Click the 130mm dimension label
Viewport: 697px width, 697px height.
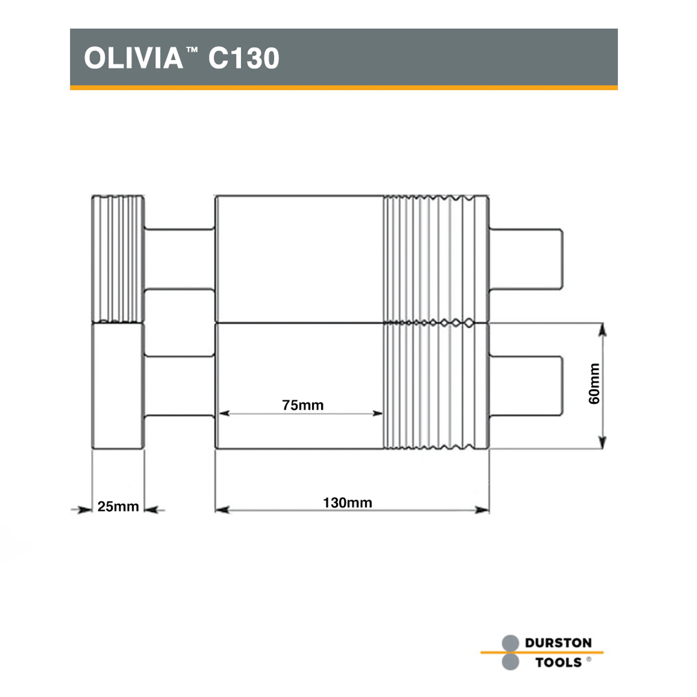(x=347, y=503)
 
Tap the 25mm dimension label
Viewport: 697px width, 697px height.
(x=118, y=506)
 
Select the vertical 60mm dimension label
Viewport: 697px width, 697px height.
(x=593, y=383)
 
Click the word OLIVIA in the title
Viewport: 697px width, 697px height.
(x=133, y=58)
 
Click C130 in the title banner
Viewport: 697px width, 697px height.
(x=244, y=58)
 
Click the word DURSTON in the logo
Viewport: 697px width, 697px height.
(x=558, y=643)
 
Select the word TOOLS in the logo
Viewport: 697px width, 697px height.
(x=558, y=662)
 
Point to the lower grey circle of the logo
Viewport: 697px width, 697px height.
(x=510, y=662)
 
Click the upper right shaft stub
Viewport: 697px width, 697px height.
(x=526, y=259)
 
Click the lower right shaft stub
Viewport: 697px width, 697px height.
(x=526, y=386)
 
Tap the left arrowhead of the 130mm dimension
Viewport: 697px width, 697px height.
(x=222, y=510)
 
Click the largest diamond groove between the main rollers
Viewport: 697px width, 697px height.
(x=468, y=323)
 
